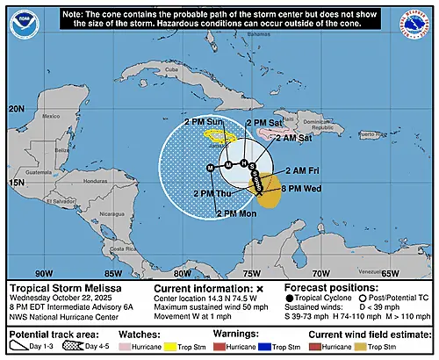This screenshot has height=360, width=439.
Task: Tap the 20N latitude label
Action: (17, 108)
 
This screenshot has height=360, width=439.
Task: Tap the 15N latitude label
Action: (17, 183)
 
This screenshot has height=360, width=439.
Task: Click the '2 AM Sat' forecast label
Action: (292, 136)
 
